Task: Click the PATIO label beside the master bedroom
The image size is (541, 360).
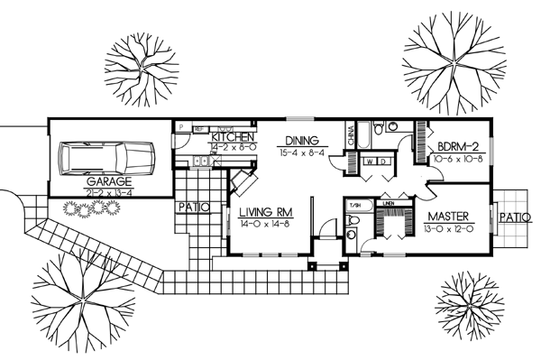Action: tap(515, 217)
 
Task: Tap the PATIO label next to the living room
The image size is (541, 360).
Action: tap(193, 207)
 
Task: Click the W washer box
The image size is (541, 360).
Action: tap(369, 162)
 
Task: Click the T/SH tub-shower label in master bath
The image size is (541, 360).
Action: tap(355, 206)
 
